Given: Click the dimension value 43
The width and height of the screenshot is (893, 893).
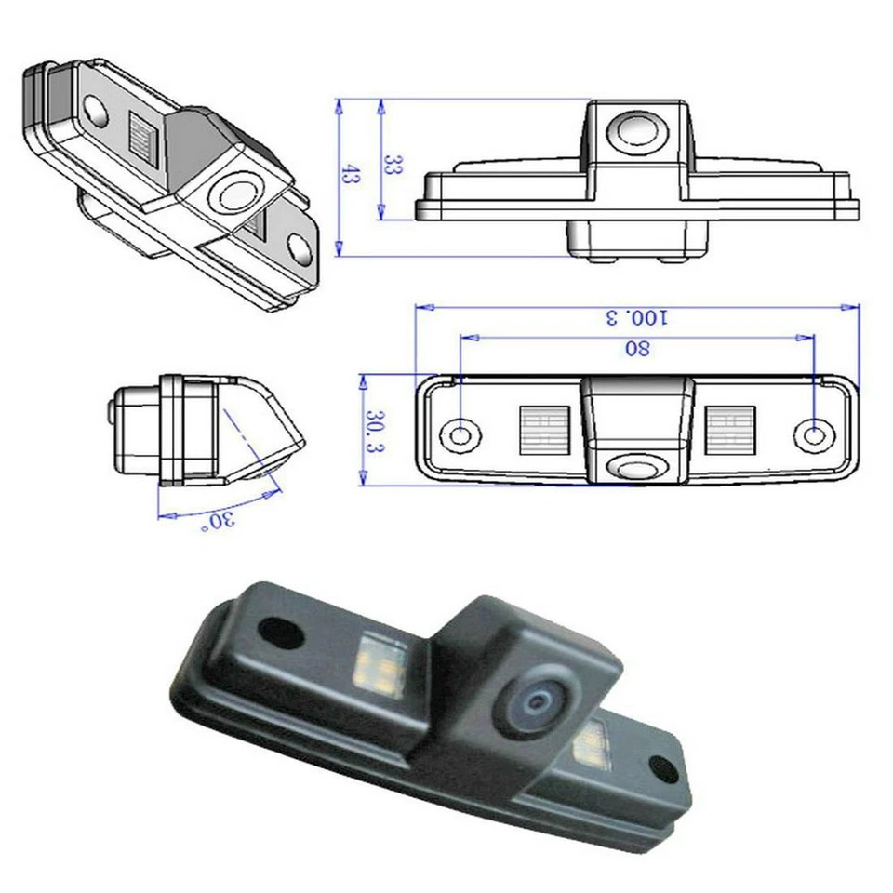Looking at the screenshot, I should [x=350, y=174].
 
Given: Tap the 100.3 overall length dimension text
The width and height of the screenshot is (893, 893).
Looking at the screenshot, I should [x=637, y=317].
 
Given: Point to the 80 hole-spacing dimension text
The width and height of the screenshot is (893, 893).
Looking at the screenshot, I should [x=638, y=349].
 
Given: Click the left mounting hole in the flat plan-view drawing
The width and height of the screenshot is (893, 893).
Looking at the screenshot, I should [x=460, y=433].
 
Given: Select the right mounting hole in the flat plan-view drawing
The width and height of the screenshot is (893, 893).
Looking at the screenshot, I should [x=813, y=433].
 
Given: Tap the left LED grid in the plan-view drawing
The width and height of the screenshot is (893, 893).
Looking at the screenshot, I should [x=543, y=430].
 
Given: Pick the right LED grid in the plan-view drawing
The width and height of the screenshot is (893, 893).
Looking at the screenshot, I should [x=731, y=430].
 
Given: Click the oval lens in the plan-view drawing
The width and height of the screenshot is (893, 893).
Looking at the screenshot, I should [x=637, y=465].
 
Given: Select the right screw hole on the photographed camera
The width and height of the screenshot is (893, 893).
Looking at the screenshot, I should [x=664, y=768].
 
